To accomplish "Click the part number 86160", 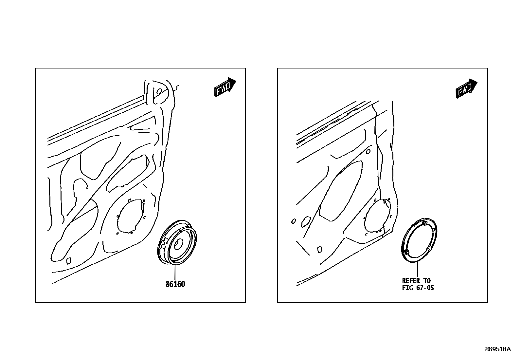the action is click(x=175, y=284).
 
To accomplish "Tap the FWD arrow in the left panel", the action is click(x=225, y=87).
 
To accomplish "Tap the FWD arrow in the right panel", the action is click(x=466, y=88).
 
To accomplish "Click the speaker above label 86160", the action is click(x=177, y=242).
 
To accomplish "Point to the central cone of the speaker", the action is click(x=179, y=244).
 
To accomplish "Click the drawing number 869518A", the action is click(x=498, y=349).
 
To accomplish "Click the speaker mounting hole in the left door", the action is click(x=131, y=216).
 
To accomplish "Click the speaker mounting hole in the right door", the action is click(x=377, y=216).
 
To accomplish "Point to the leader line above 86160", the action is click(x=175, y=273).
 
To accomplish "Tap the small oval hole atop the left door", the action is click(x=159, y=91).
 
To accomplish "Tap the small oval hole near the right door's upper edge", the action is click(x=368, y=152).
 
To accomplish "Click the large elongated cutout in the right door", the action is click(x=340, y=191).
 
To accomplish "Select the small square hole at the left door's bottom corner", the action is click(x=69, y=261).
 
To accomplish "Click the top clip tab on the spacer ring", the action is click(x=424, y=223).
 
